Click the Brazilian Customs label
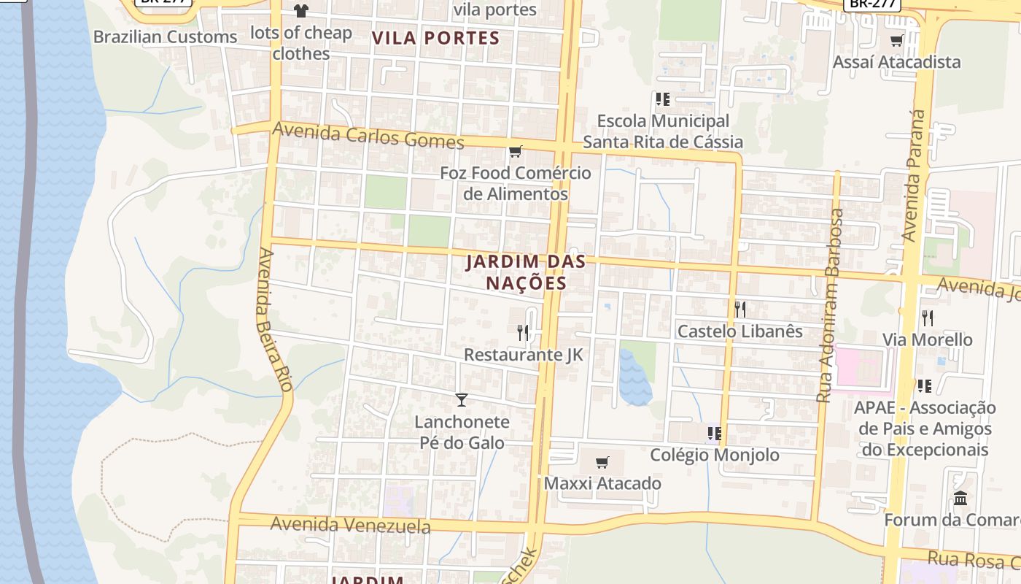(x=166, y=36)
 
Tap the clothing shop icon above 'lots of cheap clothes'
(x=300, y=11)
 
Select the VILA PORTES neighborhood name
(x=436, y=39)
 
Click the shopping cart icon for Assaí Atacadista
(x=897, y=41)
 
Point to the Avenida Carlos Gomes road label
(x=368, y=137)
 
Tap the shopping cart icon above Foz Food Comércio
(x=516, y=152)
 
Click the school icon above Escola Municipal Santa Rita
(x=662, y=99)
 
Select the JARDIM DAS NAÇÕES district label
(x=516, y=272)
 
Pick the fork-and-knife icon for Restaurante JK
(x=523, y=333)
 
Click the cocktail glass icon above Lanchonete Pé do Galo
(x=462, y=399)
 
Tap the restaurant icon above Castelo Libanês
(x=740, y=310)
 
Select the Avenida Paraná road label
(x=914, y=175)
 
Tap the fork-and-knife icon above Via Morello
(x=927, y=318)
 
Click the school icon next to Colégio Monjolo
(x=714, y=434)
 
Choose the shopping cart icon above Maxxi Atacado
(x=602, y=462)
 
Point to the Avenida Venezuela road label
(x=350, y=525)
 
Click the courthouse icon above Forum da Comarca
(x=960, y=499)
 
